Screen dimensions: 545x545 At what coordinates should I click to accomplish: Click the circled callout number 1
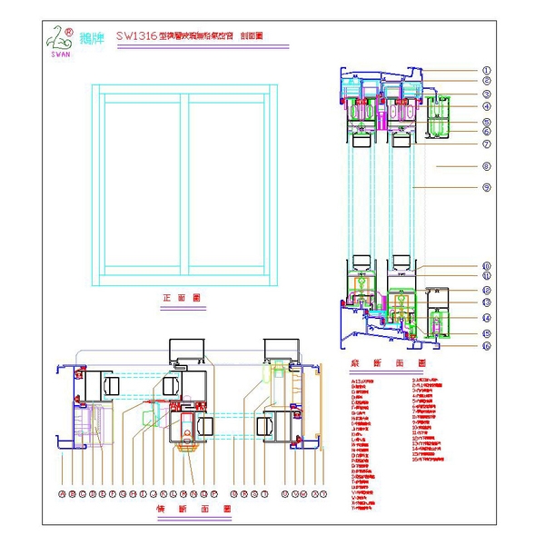486,70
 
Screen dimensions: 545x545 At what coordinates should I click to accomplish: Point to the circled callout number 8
486,166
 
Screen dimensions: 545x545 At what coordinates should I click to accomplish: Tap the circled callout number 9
486,187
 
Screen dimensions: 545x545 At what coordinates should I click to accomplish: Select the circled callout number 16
486,346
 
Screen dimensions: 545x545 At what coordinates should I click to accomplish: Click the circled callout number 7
486,144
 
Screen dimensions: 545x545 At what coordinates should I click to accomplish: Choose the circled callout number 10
486,266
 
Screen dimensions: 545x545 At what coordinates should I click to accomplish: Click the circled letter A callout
62,494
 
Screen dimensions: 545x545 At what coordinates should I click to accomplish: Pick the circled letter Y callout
324,494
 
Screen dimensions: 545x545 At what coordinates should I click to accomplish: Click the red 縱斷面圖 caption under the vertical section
381,362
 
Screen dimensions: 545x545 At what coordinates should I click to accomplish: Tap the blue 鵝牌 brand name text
92,38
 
